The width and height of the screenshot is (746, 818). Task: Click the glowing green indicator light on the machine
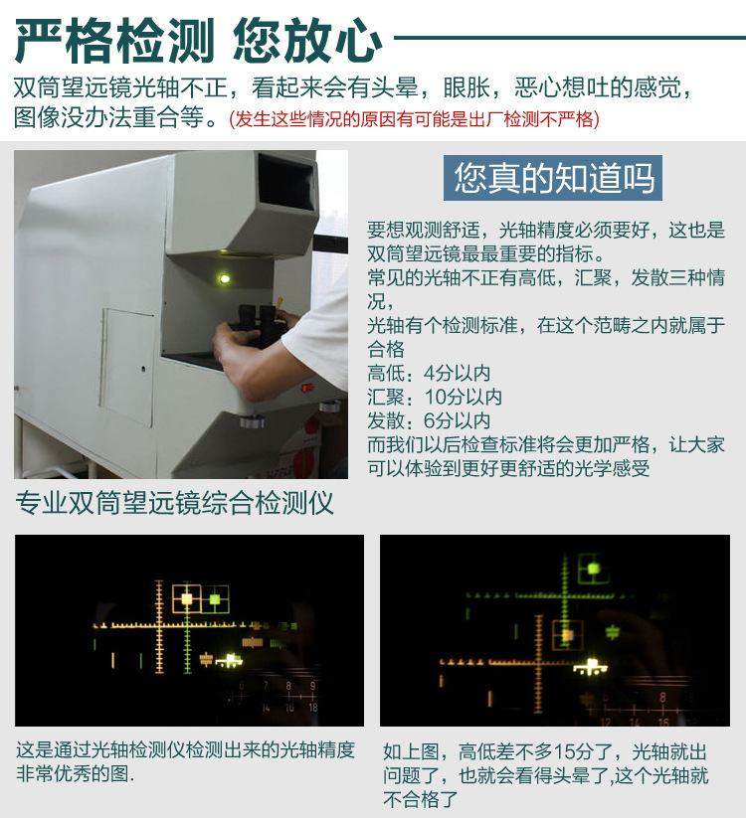(x=225, y=279)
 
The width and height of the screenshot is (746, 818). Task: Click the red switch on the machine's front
(x=307, y=387)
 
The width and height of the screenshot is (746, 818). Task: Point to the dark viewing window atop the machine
(x=285, y=184)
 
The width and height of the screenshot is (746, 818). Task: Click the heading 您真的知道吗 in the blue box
(x=554, y=179)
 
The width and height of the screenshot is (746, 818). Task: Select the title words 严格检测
(x=114, y=41)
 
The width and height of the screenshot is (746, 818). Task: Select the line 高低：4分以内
(x=429, y=374)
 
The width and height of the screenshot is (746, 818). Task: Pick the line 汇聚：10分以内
(x=435, y=397)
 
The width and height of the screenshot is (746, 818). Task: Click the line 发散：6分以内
(x=429, y=419)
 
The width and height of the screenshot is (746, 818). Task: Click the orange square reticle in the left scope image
(x=186, y=598)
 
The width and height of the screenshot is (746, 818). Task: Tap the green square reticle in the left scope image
(x=215, y=598)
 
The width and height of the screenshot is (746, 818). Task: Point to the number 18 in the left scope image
(x=312, y=707)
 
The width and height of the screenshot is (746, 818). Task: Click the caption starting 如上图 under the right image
(x=546, y=775)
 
